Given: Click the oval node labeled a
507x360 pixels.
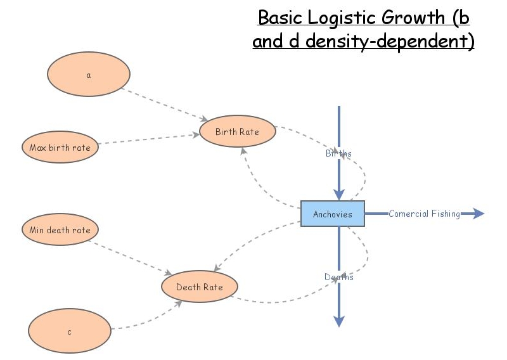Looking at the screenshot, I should pos(89,75).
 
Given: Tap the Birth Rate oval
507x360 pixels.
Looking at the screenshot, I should pos(238,132).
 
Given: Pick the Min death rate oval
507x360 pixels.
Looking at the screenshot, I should pos(60,230).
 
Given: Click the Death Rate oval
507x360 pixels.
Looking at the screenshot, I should pos(200,287).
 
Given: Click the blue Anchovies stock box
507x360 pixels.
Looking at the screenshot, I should pos(332,214).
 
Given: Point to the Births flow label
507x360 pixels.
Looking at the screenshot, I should pos(339,153).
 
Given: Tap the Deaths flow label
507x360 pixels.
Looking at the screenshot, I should pos(339,277).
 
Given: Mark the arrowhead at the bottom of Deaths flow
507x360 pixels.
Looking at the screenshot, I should pos(339,321).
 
